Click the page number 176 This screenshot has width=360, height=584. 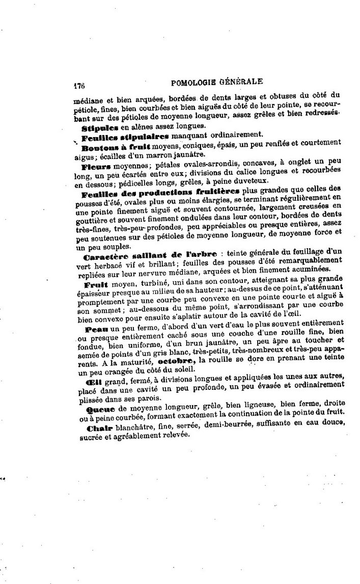pos(78,86)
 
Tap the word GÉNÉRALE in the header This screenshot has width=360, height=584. pos(244,82)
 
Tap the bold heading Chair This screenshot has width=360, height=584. pos(94,428)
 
